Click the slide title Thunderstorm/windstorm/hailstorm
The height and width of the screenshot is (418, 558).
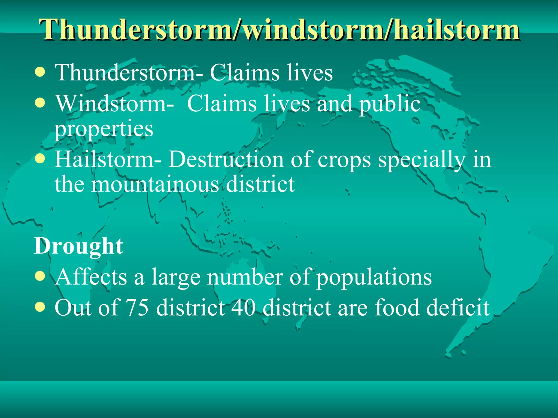(x=279, y=29)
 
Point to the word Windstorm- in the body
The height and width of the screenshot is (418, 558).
(x=114, y=104)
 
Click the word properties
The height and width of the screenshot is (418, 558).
(x=104, y=129)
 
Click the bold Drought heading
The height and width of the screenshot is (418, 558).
(x=78, y=246)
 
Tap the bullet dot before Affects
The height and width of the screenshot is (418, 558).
(x=40, y=276)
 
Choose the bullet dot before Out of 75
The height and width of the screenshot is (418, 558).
(x=40, y=307)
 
